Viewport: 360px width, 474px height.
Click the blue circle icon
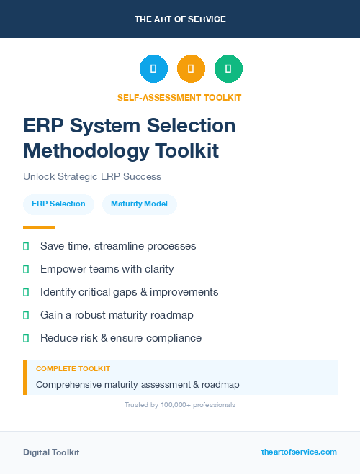tap(153, 68)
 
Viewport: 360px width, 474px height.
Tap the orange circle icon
tap(191, 68)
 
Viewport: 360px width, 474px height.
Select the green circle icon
tap(228, 68)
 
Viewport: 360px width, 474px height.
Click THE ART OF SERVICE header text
tap(180, 19)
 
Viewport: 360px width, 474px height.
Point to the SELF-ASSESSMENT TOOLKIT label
tap(179, 97)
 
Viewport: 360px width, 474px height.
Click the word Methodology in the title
tap(80, 151)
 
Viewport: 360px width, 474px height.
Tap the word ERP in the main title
tap(43, 126)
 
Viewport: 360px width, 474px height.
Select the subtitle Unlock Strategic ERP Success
tap(92, 176)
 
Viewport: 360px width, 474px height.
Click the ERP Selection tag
tap(58, 204)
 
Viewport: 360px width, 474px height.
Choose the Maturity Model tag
tap(140, 204)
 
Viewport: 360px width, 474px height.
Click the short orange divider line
tap(39, 227)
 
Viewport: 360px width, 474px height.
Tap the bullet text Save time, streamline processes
tap(118, 246)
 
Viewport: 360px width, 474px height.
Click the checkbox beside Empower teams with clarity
tap(26, 269)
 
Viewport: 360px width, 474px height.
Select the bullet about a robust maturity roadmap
tap(117, 315)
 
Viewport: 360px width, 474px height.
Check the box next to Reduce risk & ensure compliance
tap(26, 338)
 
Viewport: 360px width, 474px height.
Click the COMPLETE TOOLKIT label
tap(73, 369)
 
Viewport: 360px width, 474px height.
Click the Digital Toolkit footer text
tap(51, 452)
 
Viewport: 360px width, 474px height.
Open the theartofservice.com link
tap(299, 452)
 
